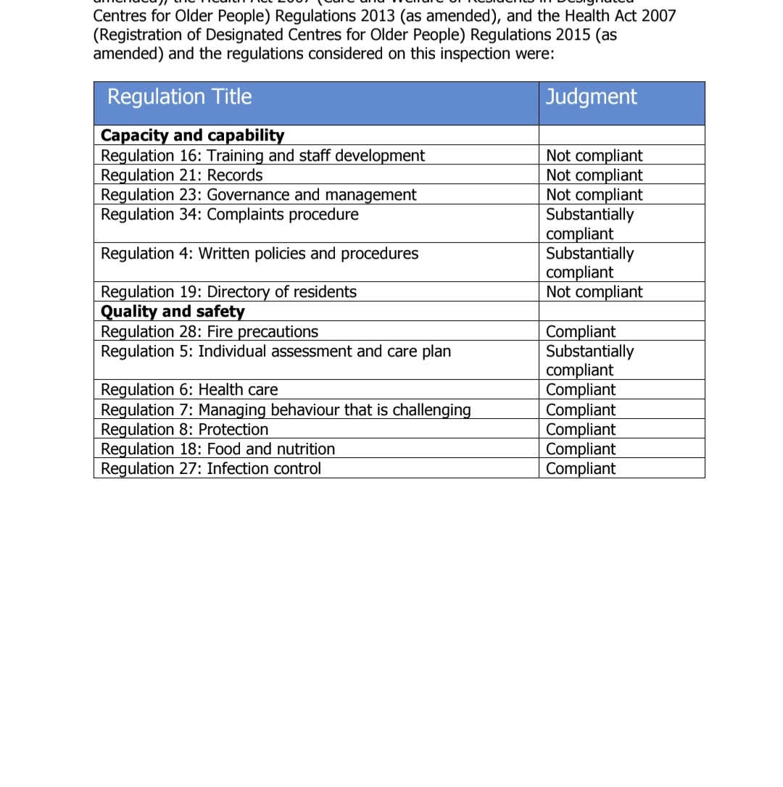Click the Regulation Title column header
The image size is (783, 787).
179,97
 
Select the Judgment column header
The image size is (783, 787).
591,97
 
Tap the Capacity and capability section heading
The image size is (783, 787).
192,136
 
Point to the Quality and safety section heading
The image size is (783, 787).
173,312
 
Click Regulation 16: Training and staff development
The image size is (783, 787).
262,156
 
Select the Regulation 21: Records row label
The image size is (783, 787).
181,175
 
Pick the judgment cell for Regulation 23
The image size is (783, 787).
594,195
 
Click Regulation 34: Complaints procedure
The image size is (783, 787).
229,215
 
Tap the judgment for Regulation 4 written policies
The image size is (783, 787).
589,262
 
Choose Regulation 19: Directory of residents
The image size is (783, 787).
228,292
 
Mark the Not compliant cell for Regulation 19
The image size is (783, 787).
594,292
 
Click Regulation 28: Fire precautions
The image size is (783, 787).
209,332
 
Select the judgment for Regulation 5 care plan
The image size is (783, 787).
589,360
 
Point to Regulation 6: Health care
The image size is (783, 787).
188,390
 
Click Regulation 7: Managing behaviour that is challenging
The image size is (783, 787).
286,410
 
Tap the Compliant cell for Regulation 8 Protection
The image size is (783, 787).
580,430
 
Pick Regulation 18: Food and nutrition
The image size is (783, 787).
217,449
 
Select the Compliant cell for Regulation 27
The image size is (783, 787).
580,469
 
